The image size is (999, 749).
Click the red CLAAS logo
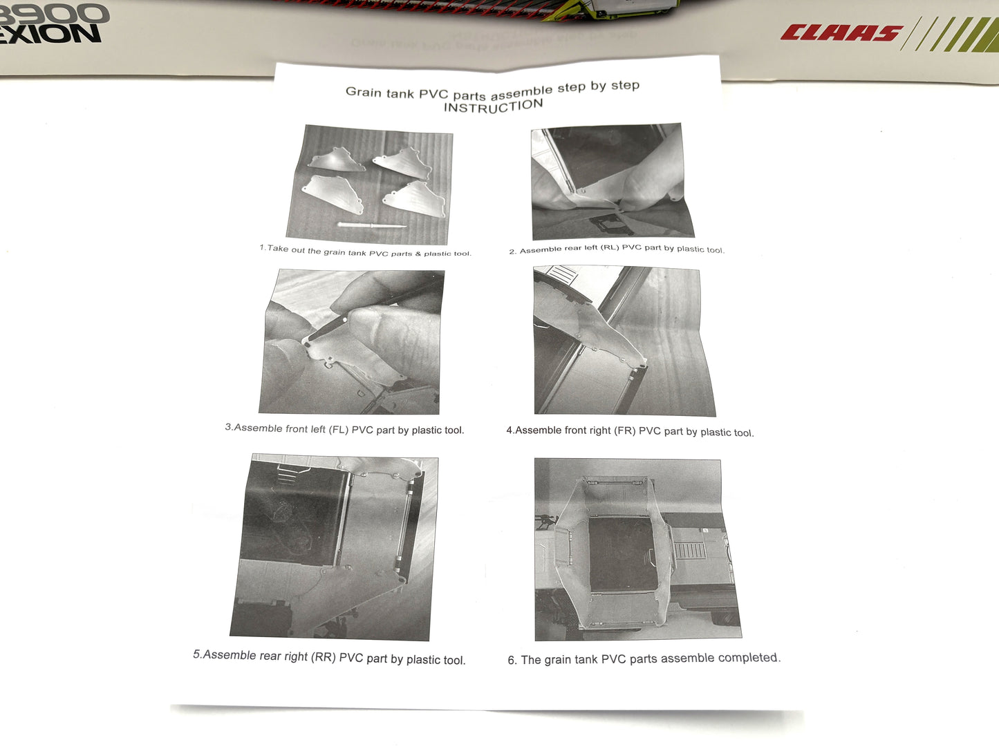click(841, 33)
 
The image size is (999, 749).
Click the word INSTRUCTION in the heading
click(494, 106)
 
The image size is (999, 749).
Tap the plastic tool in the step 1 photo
click(372, 225)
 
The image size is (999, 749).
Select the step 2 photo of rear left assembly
click(613, 181)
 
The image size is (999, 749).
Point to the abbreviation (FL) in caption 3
click(339, 429)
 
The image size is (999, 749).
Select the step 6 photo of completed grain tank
click(638, 549)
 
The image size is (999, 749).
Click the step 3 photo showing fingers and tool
click(352, 341)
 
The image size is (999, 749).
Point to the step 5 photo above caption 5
click(335, 547)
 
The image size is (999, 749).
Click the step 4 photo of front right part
click(624, 341)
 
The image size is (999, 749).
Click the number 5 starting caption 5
click(196, 654)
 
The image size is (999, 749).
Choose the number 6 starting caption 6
click(511, 660)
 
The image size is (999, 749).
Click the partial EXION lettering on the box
click(50, 35)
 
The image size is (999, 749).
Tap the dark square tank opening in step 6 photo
click(623, 554)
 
